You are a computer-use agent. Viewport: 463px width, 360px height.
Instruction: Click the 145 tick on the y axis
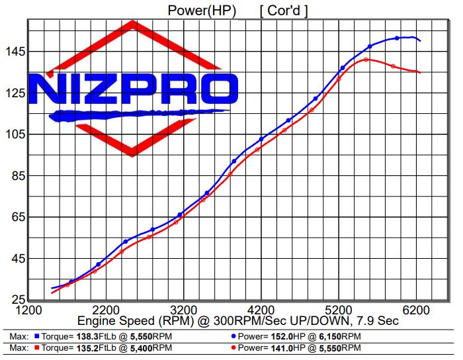(14, 52)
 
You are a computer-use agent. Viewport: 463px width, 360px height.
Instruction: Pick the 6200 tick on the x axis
(416, 310)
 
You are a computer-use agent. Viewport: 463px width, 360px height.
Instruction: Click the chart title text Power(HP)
(198, 10)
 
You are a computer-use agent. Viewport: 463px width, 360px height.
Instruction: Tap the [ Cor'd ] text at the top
(284, 10)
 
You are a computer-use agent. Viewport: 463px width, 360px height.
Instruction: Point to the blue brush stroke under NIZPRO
(139, 114)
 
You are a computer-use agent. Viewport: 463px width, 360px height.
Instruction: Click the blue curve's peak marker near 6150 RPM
(397, 38)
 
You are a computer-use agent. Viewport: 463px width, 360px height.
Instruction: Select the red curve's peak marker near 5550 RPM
(366, 60)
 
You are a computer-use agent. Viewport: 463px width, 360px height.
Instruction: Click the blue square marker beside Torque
(37, 336)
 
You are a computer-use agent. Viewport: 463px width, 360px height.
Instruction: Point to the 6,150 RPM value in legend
(331, 336)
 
